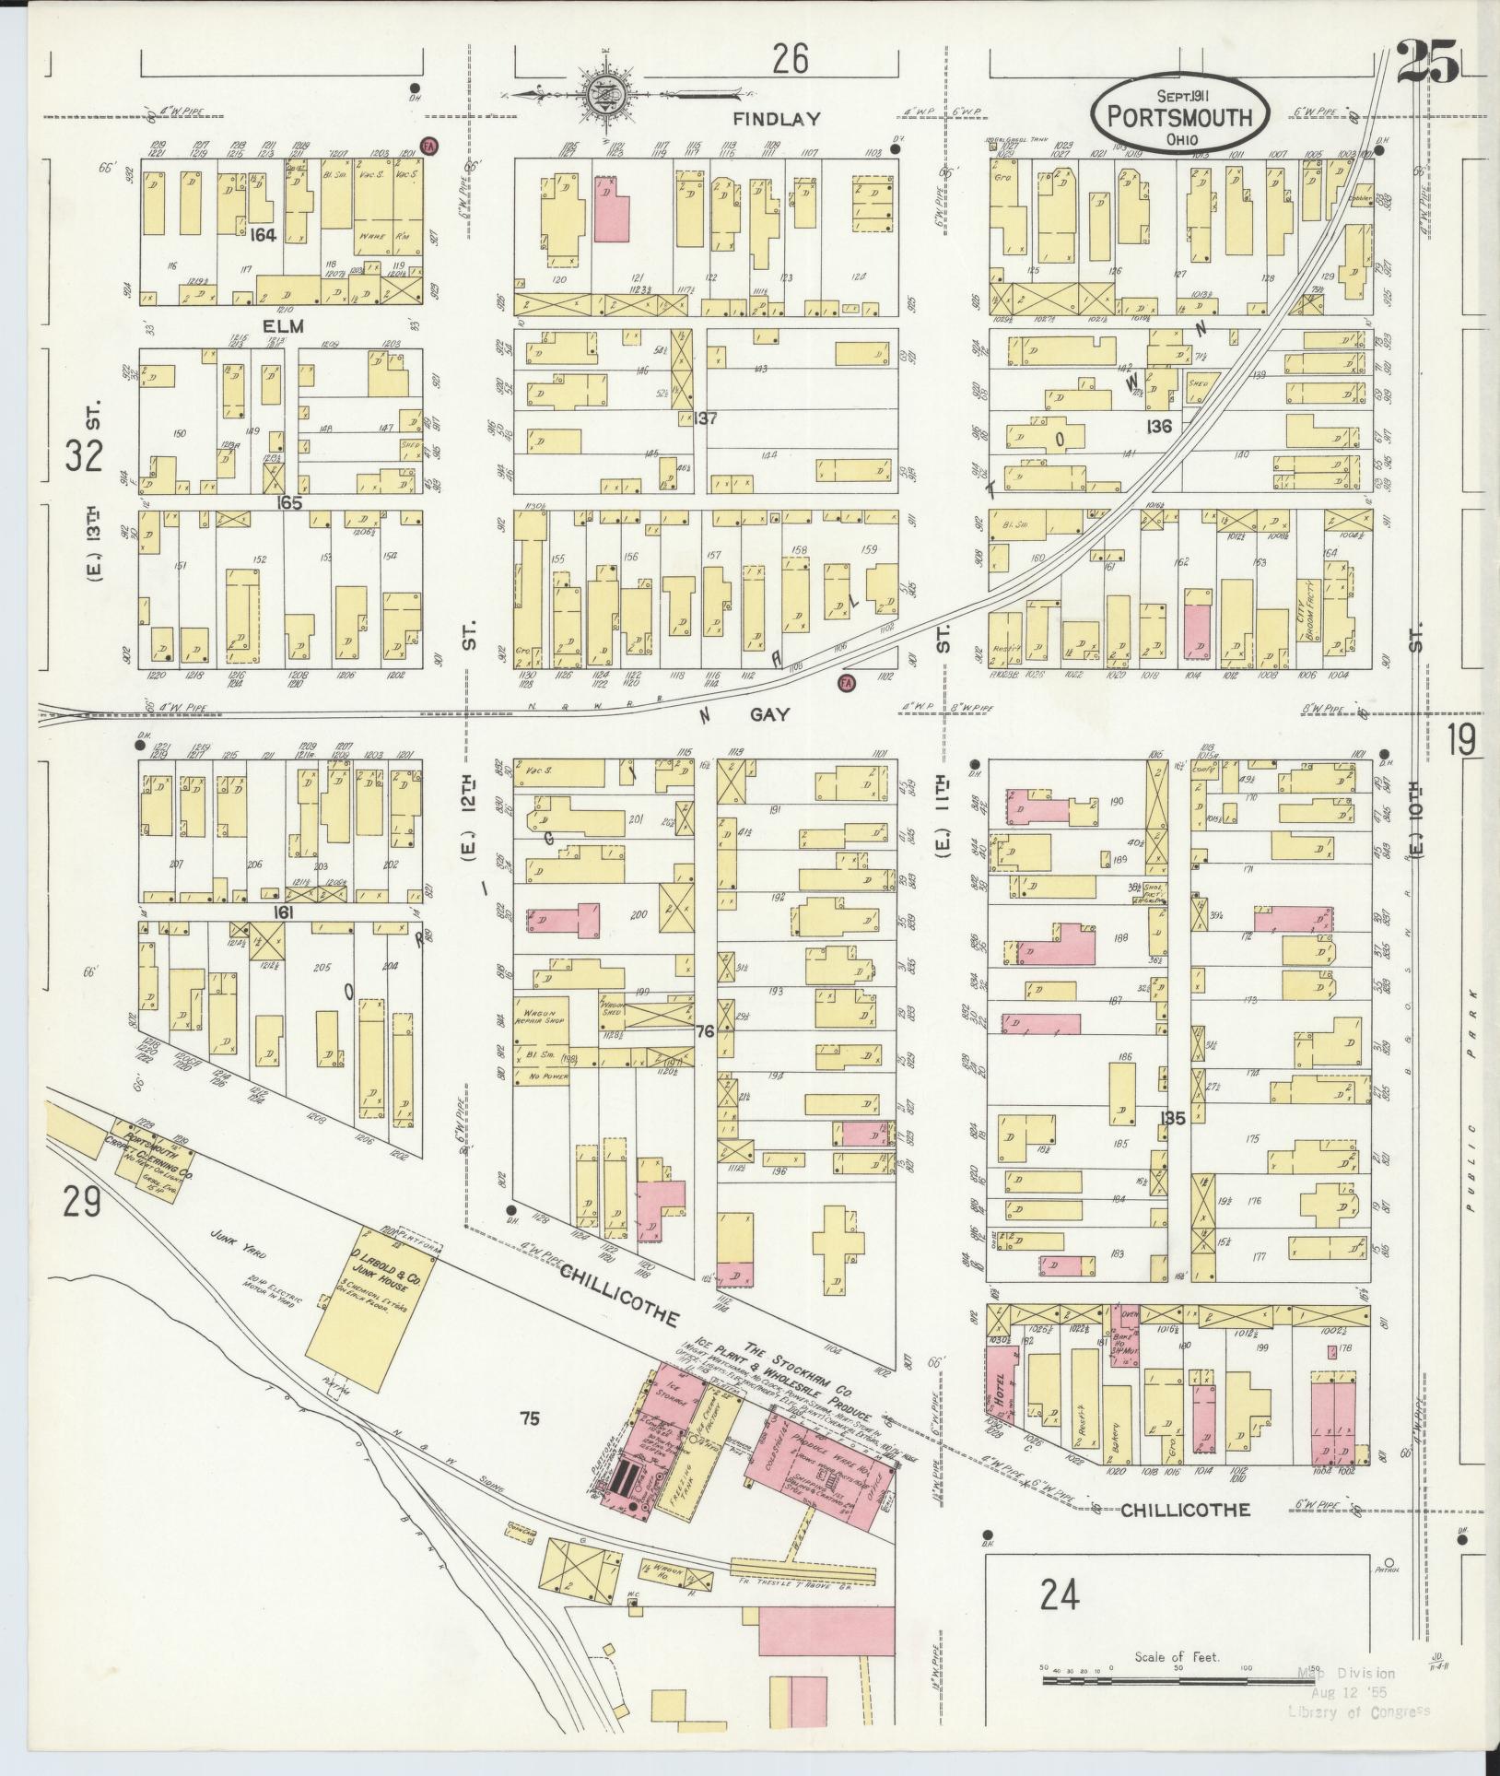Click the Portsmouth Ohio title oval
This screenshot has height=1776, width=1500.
click(1180, 115)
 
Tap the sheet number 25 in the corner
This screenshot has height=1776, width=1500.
click(1427, 62)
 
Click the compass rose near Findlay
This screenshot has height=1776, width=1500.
click(607, 93)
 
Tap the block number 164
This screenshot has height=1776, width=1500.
click(263, 235)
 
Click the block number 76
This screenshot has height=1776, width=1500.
click(705, 1030)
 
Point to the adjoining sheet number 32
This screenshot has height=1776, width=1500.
click(83, 455)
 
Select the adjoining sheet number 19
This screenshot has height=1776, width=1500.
click(1460, 739)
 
